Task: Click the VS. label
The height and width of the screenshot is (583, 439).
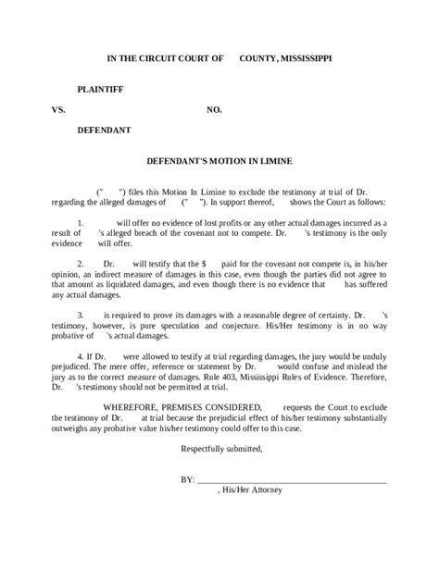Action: (60, 109)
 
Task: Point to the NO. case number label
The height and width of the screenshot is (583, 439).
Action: (214, 109)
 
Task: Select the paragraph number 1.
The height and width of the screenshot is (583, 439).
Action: (80, 224)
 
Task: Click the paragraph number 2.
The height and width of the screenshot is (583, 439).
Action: (80, 264)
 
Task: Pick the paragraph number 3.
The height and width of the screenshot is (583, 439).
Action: (80, 315)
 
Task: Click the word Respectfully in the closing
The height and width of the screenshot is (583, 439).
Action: (207, 448)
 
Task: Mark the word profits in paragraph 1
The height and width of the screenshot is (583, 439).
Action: (237, 224)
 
